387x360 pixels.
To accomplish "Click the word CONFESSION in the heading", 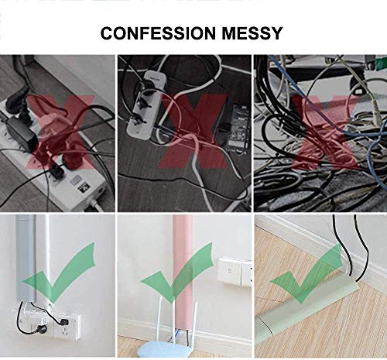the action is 158,33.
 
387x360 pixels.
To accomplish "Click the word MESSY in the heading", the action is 252,33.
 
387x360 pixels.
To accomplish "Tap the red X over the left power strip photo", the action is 60,132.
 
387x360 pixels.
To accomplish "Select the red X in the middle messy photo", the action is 193,131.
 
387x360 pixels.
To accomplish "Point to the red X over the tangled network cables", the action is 327,132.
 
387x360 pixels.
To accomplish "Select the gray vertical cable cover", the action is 26,258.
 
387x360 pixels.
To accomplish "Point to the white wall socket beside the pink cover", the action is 235,272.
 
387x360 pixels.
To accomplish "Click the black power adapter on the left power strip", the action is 21,134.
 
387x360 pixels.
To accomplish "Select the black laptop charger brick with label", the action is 238,129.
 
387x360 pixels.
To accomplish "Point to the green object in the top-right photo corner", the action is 382,63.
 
